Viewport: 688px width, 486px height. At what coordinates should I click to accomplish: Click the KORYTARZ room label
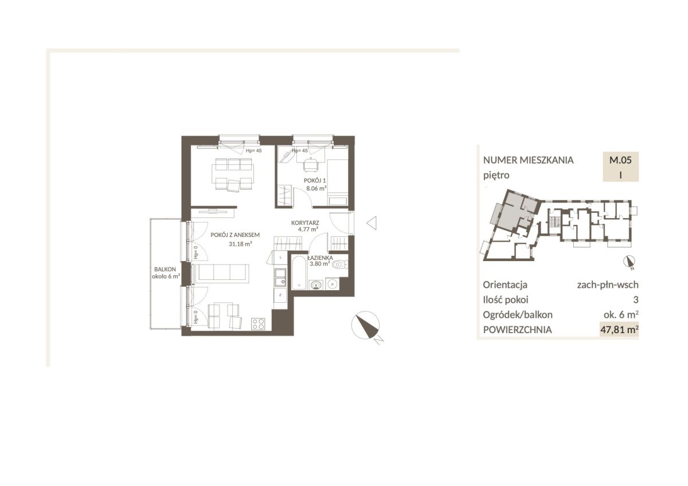(x=305, y=223)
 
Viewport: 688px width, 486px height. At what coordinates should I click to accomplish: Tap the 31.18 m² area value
(x=240, y=244)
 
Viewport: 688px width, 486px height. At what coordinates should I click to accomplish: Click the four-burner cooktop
(x=258, y=324)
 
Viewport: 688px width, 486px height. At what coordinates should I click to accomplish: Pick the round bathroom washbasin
(x=316, y=285)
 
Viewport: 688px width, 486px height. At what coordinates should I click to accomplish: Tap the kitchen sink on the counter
(x=280, y=277)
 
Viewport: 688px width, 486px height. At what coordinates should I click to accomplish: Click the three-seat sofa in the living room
(x=221, y=273)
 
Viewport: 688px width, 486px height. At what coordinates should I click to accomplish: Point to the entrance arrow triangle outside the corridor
(x=372, y=223)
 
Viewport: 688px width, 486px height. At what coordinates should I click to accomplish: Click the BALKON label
(x=165, y=269)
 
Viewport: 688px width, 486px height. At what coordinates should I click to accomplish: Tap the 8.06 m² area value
(x=316, y=188)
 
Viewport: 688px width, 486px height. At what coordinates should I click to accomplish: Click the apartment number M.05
(x=620, y=160)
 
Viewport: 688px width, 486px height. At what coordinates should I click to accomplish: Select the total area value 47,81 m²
(x=620, y=330)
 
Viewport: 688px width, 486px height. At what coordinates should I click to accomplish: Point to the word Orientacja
(x=505, y=285)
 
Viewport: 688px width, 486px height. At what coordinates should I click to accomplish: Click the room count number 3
(x=636, y=299)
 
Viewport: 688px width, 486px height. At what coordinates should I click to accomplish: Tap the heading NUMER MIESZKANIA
(x=528, y=160)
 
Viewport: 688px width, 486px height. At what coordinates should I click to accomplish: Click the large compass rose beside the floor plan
(x=366, y=325)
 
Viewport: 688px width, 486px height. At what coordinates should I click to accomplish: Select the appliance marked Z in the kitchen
(x=280, y=295)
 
